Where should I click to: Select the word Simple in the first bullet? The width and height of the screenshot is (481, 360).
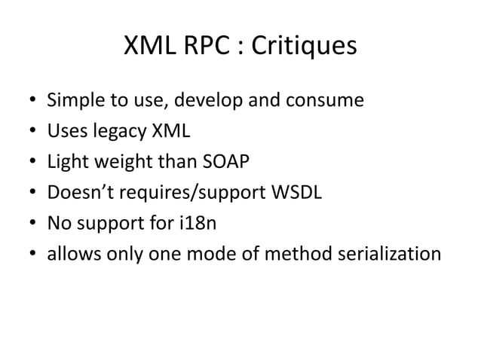pos(73,100)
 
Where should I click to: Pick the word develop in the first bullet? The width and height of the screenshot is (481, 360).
pos(194,100)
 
